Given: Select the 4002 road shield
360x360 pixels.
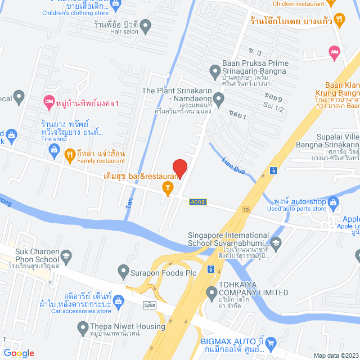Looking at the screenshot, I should point(197,202).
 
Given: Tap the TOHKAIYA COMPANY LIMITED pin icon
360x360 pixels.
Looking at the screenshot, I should point(211,292).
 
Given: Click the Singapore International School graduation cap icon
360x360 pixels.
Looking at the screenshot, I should point(276,244).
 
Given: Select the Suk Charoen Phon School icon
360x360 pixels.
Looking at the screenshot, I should point(66,256).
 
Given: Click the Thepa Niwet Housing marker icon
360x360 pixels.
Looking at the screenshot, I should point(83,327).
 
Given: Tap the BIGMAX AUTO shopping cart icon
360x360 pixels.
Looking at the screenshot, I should point(271,342).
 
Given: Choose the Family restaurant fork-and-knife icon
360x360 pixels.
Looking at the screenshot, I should point(70,154).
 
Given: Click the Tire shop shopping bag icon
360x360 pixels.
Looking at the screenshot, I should point(54,149).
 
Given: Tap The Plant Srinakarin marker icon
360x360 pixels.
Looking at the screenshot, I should point(219,99).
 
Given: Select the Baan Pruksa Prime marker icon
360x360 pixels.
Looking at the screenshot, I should point(214,71).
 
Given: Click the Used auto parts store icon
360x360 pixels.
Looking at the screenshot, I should point(334,201).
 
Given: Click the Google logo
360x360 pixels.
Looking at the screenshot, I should point(19,353).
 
